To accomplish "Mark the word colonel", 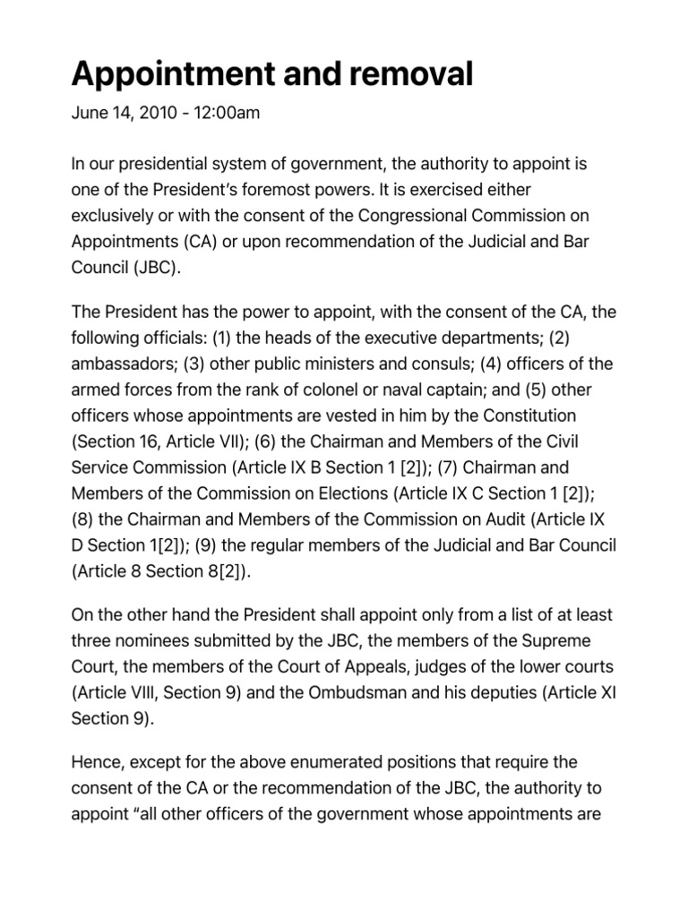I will [335, 390].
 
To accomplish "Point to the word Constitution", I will [527, 416].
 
